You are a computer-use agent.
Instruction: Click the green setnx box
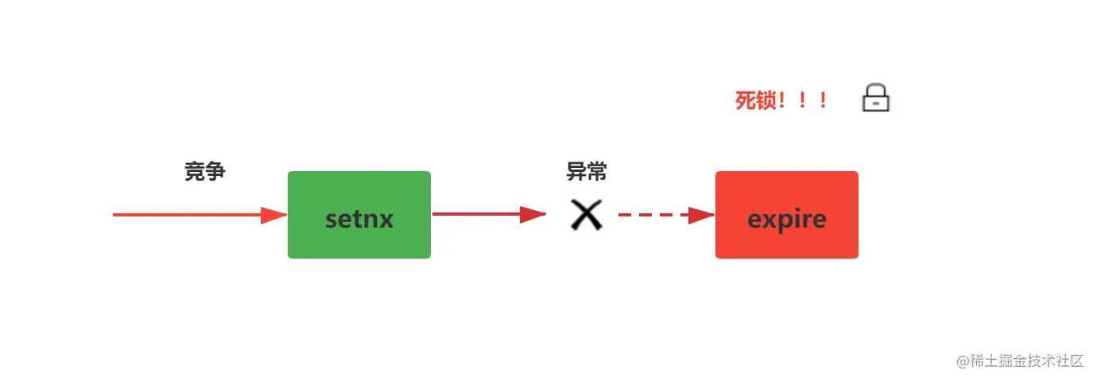tap(359, 215)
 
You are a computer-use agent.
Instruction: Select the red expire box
tap(787, 215)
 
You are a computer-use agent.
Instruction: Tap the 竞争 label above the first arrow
tap(205, 171)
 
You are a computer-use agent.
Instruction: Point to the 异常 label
tap(587, 171)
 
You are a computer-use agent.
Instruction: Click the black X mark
tap(587, 215)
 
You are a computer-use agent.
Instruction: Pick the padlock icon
tap(876, 98)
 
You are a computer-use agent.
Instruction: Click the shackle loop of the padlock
tap(876, 88)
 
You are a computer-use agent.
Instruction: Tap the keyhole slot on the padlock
tap(876, 103)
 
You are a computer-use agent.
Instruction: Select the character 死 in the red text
tap(746, 101)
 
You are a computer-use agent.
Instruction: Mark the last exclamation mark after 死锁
tap(824, 101)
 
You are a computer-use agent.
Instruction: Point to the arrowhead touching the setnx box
tap(273, 215)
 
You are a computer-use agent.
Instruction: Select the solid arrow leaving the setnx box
tap(477, 214)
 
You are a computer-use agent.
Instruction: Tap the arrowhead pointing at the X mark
tap(533, 214)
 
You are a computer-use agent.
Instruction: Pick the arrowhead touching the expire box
tap(701, 215)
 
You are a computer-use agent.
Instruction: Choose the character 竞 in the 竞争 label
tap(195, 171)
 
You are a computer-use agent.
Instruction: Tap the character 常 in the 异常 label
tap(597, 171)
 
